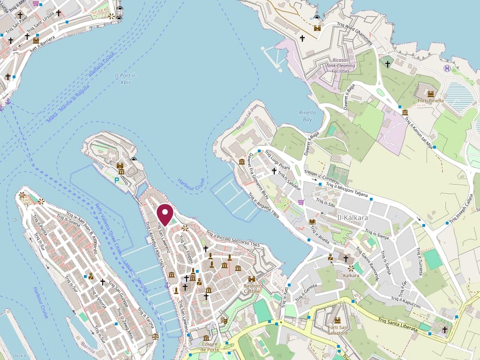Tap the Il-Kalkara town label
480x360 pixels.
tap(352, 218)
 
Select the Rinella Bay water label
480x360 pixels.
tap(307, 116)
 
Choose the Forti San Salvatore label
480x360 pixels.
tap(337, 330)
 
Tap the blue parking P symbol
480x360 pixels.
tap(117, 180)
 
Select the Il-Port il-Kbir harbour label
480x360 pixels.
tap(122, 79)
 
